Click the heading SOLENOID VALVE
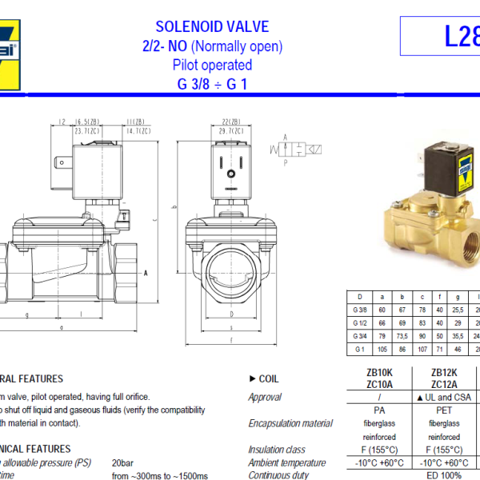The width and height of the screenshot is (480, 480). [x=212, y=27]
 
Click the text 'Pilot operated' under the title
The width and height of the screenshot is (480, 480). [x=212, y=65]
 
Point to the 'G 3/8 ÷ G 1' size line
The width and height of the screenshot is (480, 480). [x=212, y=83]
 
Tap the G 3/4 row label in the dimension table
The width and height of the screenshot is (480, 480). [x=360, y=335]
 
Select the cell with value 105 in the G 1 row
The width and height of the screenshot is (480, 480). [x=382, y=350]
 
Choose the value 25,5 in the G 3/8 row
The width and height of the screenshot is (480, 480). [x=458, y=310]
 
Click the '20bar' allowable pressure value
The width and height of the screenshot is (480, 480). [x=122, y=462]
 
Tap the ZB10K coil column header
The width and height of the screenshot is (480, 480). [x=378, y=372]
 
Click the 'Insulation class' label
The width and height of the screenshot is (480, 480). [x=277, y=450]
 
